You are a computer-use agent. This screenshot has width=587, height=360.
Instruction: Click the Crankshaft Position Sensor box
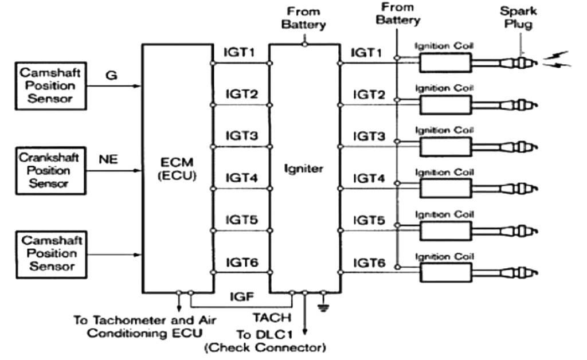coord(50,170)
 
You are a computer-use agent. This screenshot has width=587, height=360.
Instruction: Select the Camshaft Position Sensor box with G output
coord(50,86)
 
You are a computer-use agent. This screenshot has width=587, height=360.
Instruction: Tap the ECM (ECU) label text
coord(177,170)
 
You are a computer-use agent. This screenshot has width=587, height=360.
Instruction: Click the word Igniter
coord(304,169)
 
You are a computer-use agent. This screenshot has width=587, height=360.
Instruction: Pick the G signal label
coord(108,75)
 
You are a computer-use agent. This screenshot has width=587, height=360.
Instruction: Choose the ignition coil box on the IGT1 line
coord(445,62)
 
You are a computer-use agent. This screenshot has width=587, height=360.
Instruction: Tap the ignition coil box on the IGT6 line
coord(445,272)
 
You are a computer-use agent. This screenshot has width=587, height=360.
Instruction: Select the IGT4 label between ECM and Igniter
coord(241,178)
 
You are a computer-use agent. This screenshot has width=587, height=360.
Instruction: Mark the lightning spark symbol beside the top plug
coord(556,59)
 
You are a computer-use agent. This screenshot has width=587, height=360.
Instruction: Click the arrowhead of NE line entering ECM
coord(138,170)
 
